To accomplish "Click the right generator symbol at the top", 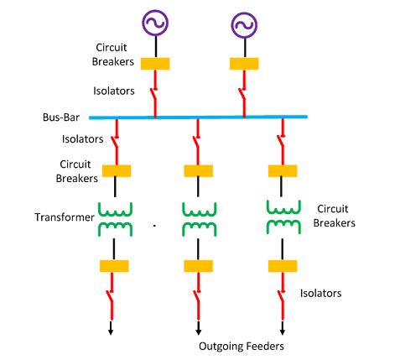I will [244, 26].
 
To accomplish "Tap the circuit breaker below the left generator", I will [155, 63].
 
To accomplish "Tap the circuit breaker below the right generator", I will [244, 63].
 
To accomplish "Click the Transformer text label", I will [65, 217].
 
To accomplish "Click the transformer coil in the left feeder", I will [115, 217].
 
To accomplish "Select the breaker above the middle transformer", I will [198, 171].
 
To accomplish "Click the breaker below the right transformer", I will [283, 266].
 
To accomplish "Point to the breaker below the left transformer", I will [114, 266].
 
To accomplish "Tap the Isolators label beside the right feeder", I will [321, 293].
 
